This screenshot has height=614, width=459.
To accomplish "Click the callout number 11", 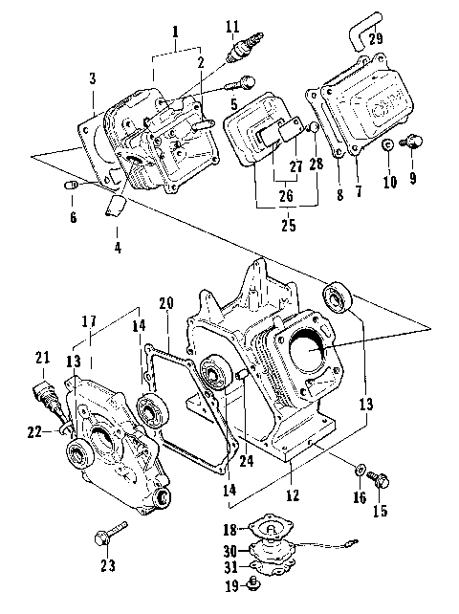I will coord(232,24).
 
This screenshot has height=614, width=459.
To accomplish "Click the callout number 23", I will coord(107,566).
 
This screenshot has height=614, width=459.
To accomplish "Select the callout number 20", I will coord(166,303).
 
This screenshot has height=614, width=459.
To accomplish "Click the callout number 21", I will coord(42,358).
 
